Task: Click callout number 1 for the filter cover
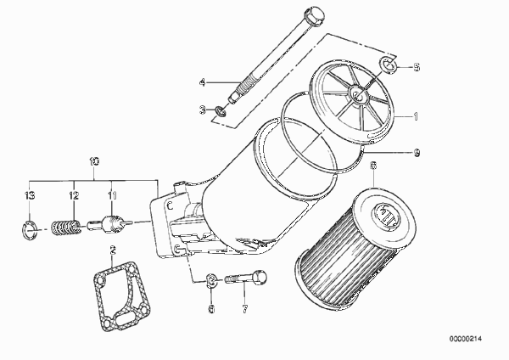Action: [416, 116]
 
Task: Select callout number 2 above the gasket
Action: [113, 250]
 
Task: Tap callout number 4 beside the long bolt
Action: [203, 82]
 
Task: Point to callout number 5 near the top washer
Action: [417, 67]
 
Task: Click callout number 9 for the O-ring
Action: [417, 152]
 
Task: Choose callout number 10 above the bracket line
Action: [94, 161]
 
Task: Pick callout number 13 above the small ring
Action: [30, 195]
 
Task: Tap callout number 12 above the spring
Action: [74, 195]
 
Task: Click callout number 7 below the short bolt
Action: [245, 309]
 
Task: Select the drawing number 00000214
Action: [466, 339]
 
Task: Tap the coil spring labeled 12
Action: [66, 228]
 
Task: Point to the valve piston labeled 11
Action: [109, 224]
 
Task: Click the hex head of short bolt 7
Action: [260, 278]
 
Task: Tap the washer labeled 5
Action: [389, 64]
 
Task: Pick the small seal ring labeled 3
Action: [221, 110]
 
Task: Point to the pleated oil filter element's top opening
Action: [385, 215]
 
